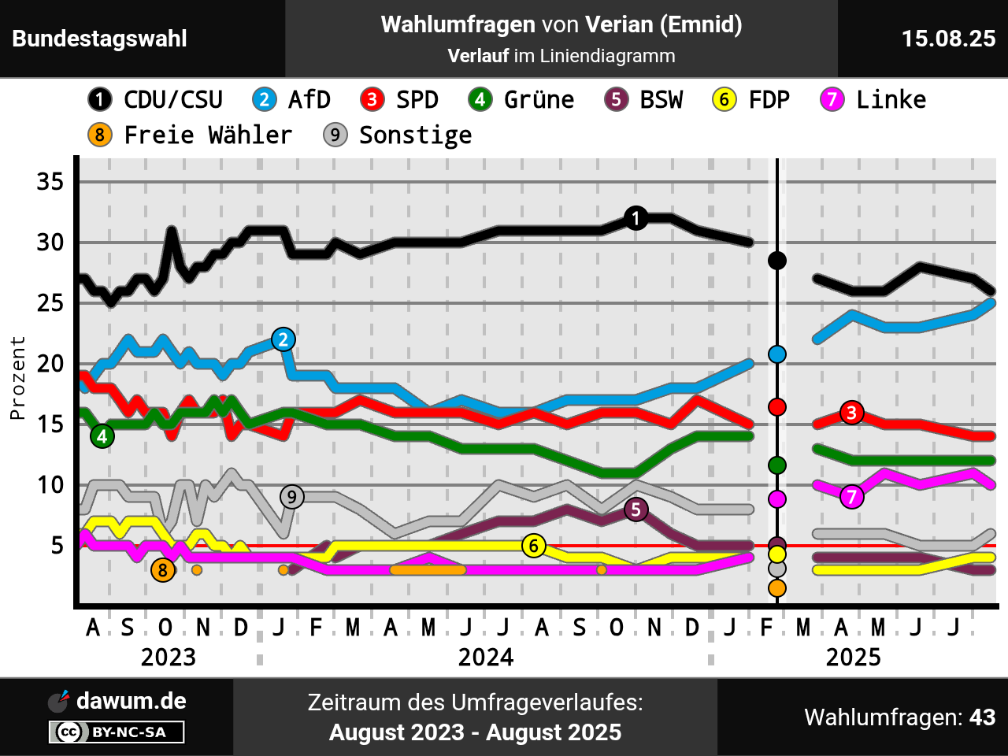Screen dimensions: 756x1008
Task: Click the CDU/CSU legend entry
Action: point(156,100)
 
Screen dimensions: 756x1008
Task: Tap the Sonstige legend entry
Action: point(398,135)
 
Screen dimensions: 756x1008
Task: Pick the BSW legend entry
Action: point(644,100)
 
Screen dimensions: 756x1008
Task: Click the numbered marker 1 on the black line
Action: point(636,218)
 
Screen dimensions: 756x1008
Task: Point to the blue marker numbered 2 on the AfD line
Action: point(283,339)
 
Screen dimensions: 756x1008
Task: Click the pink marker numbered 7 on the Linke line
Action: point(851,497)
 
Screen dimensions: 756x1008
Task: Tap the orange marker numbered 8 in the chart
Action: point(163,570)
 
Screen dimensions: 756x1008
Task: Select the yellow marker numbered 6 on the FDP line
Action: point(534,546)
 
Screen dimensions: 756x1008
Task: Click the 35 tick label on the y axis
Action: point(50,182)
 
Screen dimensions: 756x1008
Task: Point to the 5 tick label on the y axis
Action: point(57,546)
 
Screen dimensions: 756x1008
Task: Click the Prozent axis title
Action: point(17,378)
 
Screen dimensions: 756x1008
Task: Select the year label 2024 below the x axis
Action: point(486,658)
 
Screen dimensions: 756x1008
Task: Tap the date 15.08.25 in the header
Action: point(948,39)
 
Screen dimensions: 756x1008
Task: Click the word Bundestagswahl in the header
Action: point(100,39)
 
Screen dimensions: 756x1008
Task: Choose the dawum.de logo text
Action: point(131,701)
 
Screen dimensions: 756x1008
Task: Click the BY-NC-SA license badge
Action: point(117,732)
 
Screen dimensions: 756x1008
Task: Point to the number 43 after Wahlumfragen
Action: point(982,717)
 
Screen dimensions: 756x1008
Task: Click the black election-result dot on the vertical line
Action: point(777,261)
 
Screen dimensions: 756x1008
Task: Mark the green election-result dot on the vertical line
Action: point(777,465)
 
